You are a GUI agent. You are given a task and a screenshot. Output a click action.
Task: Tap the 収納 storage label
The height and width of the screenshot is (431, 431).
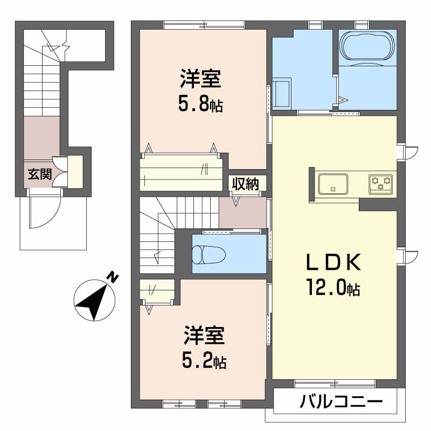(245, 184)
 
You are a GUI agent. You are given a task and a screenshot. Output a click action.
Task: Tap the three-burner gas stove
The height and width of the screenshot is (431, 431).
(381, 183)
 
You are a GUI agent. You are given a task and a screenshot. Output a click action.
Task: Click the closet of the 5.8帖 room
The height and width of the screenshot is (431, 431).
(182, 172)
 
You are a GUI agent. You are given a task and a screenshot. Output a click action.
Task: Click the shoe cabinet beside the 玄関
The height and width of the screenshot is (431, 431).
(75, 171)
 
